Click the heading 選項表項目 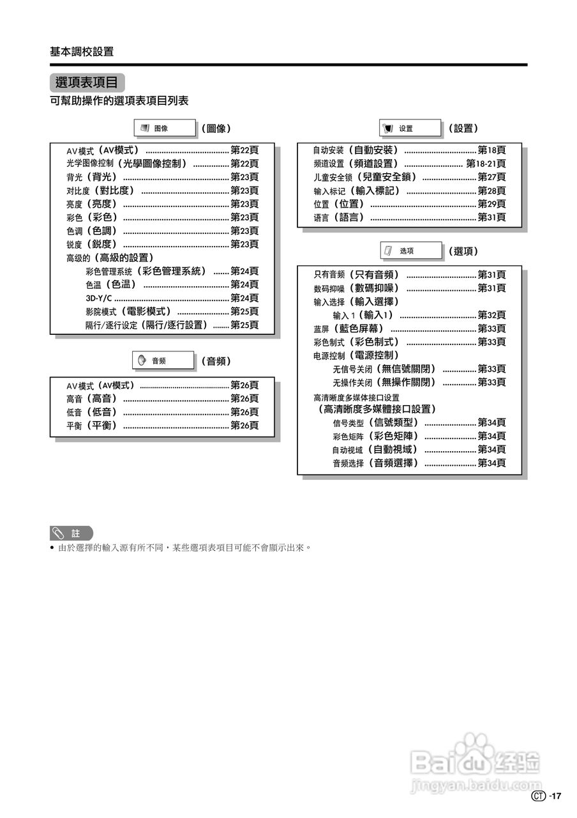pyautogui.click(x=87, y=82)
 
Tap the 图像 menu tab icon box pyautogui.click(x=164, y=128)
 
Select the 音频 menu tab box pyautogui.click(x=163, y=361)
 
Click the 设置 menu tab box pyautogui.click(x=410, y=128)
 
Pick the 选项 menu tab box pyautogui.click(x=410, y=251)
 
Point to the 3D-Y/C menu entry pyautogui.click(x=99, y=298)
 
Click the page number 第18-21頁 pyautogui.click(x=486, y=164)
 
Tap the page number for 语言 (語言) pyautogui.click(x=491, y=217)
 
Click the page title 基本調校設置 pyautogui.click(x=82, y=52)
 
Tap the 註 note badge pyautogui.click(x=71, y=533)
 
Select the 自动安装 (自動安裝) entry pyautogui.click(x=356, y=150)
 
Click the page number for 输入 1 pyautogui.click(x=491, y=315)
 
